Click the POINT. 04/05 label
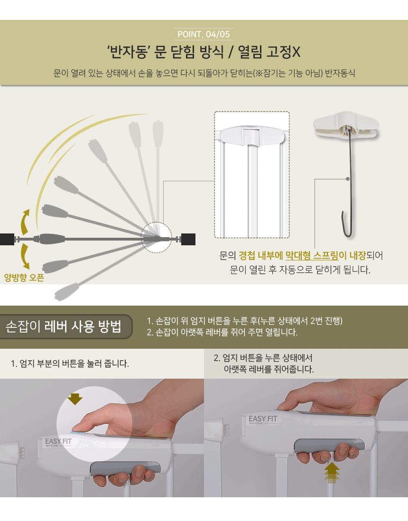tap(204, 34)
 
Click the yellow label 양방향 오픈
tap(24, 278)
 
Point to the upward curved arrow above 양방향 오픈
tap(25, 222)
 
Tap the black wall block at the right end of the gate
tap(188, 240)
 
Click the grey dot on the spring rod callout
tap(348, 179)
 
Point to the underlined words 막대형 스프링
tap(312, 255)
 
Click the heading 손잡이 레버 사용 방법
tap(64, 326)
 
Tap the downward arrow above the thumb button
tap(75, 399)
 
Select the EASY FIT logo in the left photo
tap(58, 442)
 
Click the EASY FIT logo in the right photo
tap(263, 419)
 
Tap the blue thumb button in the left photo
tap(78, 433)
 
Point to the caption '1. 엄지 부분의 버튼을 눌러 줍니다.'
tap(70, 364)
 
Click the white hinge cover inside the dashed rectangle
tap(252, 136)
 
